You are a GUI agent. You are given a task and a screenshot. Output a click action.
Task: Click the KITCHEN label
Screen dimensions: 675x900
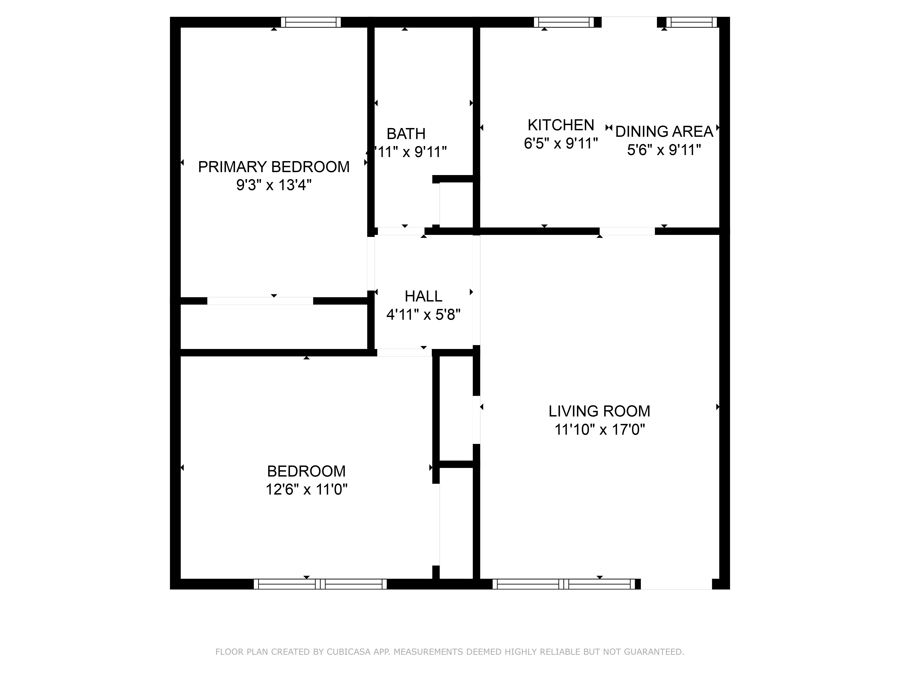point(561,125)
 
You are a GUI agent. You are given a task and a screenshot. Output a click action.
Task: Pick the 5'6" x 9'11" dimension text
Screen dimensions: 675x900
point(664,150)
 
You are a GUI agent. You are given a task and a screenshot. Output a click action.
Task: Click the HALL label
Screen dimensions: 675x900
point(423,296)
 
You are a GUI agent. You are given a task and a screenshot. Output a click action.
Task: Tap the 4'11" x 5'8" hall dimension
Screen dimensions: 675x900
point(423,315)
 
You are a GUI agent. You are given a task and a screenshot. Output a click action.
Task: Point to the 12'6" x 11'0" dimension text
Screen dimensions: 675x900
point(306,489)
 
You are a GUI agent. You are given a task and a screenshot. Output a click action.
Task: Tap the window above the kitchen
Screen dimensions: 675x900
point(564,22)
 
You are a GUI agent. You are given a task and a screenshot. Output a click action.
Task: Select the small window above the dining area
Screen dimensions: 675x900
point(691,22)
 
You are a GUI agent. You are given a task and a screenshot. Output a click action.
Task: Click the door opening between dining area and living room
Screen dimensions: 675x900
point(627,231)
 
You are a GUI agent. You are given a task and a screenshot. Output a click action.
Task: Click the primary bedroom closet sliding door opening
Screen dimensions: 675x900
point(260,301)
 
